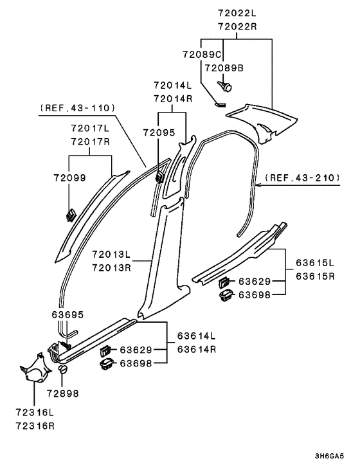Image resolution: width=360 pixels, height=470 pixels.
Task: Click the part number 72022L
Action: [x=237, y=14]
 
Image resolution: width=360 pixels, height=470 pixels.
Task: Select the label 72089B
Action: [x=224, y=68]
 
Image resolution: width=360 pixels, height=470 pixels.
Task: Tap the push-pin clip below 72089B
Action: [x=224, y=86]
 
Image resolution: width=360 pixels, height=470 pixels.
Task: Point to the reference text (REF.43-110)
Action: [x=77, y=108]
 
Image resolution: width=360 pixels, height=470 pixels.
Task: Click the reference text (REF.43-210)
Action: [x=302, y=177]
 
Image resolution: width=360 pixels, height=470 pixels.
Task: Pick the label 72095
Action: [x=159, y=132]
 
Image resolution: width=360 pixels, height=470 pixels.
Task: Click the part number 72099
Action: [x=70, y=177]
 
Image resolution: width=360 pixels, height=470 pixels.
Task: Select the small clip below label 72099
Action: [x=71, y=215]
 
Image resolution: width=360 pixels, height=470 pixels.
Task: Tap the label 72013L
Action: [x=111, y=254]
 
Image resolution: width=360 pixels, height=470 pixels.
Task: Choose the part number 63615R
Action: [x=315, y=276]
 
